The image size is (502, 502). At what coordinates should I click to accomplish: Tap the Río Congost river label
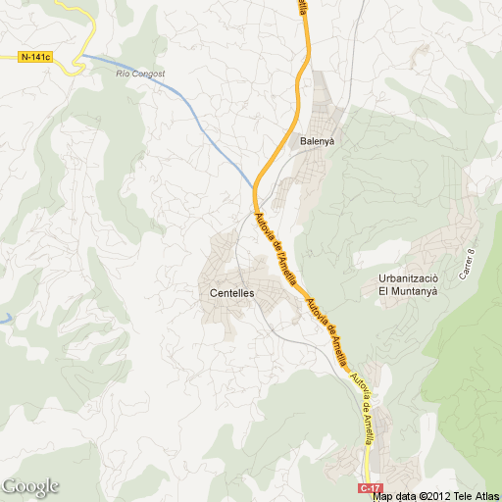(x=141, y=74)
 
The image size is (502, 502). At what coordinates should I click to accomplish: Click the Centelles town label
(x=232, y=292)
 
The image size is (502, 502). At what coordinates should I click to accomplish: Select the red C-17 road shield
(x=369, y=487)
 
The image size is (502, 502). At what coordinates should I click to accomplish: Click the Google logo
(x=29, y=486)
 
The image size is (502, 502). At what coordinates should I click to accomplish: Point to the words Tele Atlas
(x=475, y=495)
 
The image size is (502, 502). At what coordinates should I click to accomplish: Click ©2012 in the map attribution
(x=433, y=495)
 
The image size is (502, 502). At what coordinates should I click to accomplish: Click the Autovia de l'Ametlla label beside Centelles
(x=276, y=249)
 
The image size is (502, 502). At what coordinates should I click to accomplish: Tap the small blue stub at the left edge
(x=4, y=319)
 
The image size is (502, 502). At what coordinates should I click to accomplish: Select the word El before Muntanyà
(x=385, y=291)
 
